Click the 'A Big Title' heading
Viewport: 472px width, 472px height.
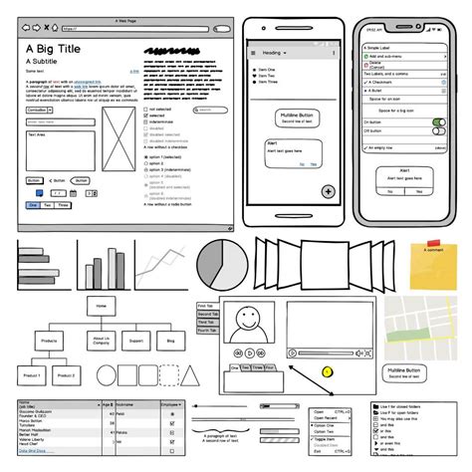[x=55, y=46]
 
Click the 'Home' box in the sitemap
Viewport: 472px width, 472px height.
[x=102, y=306]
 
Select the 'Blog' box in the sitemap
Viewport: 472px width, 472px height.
[x=169, y=341]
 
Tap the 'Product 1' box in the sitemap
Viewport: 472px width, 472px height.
[x=33, y=375]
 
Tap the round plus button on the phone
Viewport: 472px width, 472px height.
[x=327, y=191]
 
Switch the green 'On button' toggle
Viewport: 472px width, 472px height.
[x=437, y=122]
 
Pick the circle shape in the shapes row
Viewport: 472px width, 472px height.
[x=108, y=375]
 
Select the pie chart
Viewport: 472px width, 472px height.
[x=221, y=266]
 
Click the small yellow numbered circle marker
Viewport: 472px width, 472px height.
[x=327, y=371]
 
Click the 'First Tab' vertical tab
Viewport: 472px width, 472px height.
[x=206, y=307]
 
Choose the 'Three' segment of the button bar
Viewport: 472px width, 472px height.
[x=63, y=204]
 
